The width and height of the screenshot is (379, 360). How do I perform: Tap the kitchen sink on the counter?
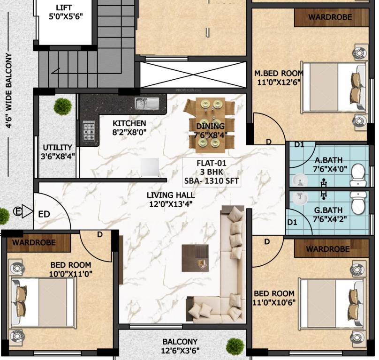tap(147, 104)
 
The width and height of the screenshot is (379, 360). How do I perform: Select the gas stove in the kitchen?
tap(89, 131)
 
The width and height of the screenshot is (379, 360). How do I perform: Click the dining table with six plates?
tap(210, 125)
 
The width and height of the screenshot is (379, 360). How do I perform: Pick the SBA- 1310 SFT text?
tap(212, 181)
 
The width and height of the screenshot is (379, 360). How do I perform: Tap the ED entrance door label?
tap(44, 214)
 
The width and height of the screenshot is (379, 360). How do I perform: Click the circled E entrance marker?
tap(17, 212)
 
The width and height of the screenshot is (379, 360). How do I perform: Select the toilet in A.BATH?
tap(358, 175)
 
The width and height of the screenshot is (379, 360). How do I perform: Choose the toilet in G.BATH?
tap(358, 203)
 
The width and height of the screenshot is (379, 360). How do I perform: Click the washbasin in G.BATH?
tap(300, 197)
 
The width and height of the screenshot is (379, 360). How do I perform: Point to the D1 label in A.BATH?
tap(299, 145)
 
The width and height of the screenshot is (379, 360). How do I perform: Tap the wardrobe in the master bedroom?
tap(331, 17)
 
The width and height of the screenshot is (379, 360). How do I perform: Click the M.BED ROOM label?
tap(279, 73)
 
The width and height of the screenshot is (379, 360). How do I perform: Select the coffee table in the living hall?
tap(195, 258)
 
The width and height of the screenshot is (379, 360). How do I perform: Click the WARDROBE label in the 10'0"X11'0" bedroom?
tap(34, 242)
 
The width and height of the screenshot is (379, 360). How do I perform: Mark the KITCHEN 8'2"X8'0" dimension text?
tap(129, 132)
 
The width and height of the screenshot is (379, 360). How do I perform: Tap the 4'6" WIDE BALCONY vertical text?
tap(9, 90)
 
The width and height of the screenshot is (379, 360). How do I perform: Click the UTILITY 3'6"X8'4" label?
tap(58, 152)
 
